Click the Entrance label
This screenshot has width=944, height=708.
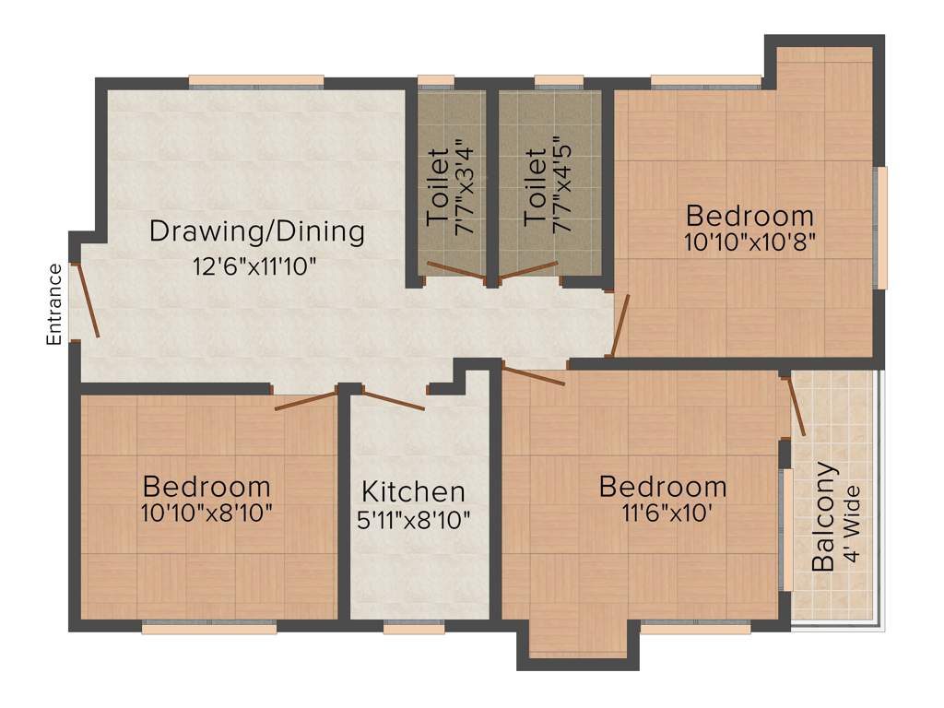pos(54,304)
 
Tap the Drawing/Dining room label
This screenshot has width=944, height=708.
pos(257,230)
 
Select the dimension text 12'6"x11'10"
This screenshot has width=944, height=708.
pos(254,268)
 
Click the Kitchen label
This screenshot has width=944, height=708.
pos(413,491)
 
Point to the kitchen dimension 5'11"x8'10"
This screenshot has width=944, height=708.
pos(413,519)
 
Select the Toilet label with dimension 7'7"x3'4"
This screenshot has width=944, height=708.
pos(438,188)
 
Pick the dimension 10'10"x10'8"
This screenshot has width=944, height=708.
pos(750,242)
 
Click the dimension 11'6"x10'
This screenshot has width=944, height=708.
pos(663,513)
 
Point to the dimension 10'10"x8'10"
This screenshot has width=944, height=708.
pos(206,513)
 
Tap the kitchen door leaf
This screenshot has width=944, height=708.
pos(394,401)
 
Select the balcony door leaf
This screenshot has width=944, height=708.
pos(797,406)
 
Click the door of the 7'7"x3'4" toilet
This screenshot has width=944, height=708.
pos(455,271)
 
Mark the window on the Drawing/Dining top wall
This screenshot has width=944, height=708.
pos(256,81)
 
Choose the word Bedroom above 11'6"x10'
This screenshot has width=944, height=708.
pos(663,486)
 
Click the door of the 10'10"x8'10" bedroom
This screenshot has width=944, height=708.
pos(307,400)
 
